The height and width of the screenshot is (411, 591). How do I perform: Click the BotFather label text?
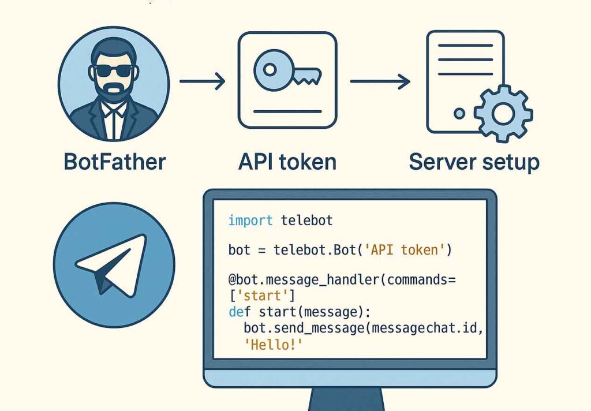coord(114,161)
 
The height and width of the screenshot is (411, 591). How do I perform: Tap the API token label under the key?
coord(287,161)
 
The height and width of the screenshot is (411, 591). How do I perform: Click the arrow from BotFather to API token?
coord(202,81)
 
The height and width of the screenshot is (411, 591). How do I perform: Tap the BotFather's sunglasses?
coord(114,70)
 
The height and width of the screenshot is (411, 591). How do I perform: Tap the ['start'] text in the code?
coord(261,297)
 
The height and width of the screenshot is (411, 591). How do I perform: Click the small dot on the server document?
coord(459,114)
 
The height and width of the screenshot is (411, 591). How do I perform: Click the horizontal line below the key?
coord(287,111)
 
